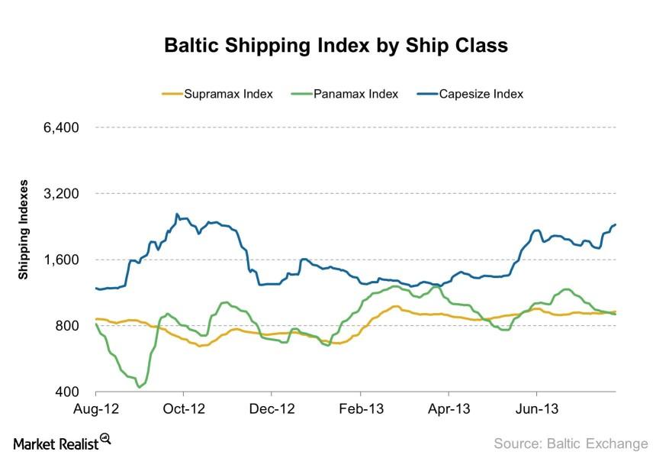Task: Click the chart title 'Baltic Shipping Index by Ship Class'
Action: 336,46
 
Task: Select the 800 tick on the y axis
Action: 69,326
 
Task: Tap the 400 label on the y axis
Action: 69,392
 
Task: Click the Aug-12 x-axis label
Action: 96,408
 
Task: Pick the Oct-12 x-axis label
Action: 185,408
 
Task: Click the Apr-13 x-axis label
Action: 449,408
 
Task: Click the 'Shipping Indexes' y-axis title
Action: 24,230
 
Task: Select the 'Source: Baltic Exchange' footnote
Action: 570,443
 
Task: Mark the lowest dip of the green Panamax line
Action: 139,387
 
